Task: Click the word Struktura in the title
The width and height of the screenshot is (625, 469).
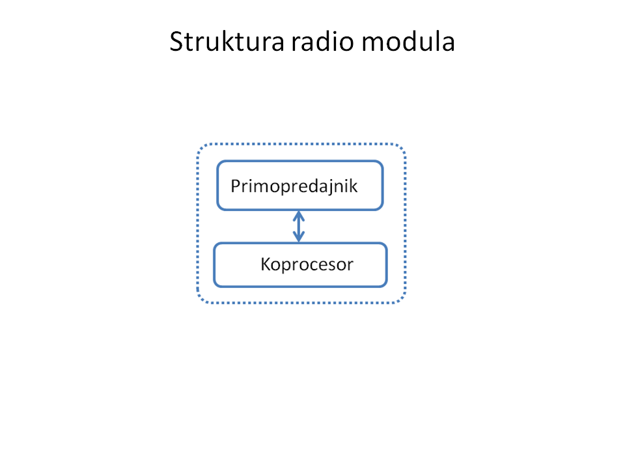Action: [227, 41]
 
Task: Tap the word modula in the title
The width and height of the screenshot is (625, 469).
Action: [408, 41]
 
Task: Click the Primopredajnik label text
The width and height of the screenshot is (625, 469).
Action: [294, 186]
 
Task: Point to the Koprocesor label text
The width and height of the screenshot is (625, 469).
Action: [307, 264]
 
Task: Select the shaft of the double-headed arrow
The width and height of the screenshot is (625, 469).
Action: [299, 227]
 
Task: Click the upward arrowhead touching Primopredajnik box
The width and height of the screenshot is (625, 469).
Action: [299, 216]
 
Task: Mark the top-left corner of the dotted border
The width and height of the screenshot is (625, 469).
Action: [198, 143]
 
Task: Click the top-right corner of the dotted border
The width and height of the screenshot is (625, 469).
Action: [406, 143]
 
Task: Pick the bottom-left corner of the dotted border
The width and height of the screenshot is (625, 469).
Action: [198, 303]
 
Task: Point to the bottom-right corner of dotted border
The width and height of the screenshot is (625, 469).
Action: [406, 303]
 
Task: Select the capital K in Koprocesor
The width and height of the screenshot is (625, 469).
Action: [266, 264]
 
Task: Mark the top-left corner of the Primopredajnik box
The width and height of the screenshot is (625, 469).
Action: [217, 161]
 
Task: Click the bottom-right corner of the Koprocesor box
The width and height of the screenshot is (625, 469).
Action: [387, 287]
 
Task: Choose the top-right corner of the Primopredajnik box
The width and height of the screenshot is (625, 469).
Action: [383, 161]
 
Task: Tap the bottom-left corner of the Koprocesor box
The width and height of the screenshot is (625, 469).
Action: [214, 287]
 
